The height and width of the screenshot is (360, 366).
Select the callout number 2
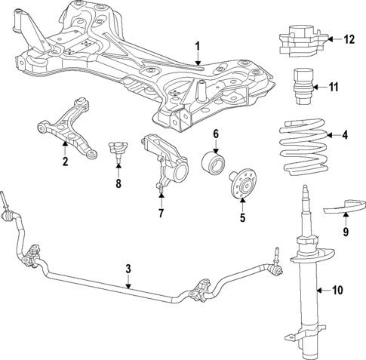click(65, 161)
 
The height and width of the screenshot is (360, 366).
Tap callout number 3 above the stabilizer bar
click(128, 268)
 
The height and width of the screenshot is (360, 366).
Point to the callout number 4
click(346, 136)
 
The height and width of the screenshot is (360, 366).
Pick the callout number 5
click(242, 219)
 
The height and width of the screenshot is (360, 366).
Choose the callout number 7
click(160, 214)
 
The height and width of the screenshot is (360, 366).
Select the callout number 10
click(337, 288)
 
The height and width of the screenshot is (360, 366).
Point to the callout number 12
click(348, 39)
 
